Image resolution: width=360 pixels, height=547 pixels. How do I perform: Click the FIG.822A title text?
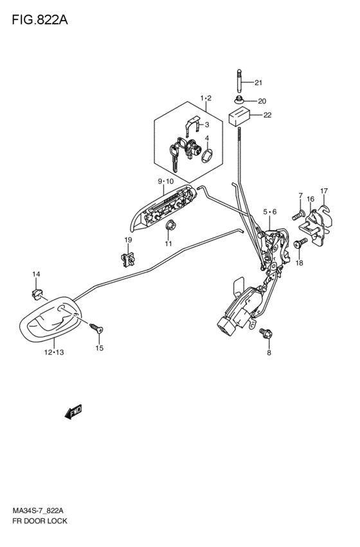point(40,20)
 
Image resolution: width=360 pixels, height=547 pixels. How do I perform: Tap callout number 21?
point(258,83)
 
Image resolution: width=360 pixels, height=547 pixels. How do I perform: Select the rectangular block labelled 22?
point(240,116)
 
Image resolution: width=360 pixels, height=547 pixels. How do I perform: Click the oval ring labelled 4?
point(206,156)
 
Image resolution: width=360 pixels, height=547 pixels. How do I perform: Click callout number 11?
point(168,244)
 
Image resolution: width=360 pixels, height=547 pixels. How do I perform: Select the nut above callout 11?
point(170,226)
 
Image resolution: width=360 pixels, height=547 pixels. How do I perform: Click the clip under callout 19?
point(127,259)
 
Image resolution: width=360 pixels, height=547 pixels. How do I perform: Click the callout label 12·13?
point(54,352)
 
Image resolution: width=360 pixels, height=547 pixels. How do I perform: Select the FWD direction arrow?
point(73,411)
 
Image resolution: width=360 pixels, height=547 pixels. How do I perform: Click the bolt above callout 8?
point(265,334)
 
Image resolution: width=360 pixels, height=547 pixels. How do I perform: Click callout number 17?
point(324,191)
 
